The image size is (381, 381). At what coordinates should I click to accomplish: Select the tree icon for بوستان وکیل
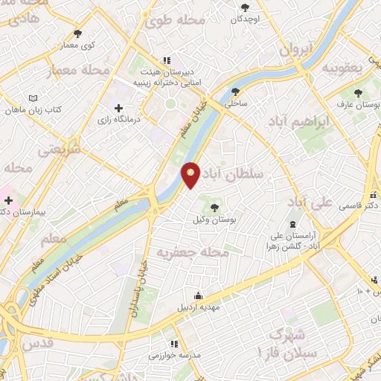(x=217, y=207)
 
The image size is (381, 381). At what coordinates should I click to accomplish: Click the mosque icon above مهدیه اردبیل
(x=198, y=295)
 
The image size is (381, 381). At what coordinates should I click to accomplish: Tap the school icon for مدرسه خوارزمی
(x=173, y=344)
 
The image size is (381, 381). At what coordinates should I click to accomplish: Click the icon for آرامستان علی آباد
(x=292, y=225)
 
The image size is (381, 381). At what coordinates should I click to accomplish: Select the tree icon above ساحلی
(x=236, y=92)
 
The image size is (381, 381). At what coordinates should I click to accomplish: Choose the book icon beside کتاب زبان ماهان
(x=31, y=98)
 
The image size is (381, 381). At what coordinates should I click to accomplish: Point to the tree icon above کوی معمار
(x=78, y=33)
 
